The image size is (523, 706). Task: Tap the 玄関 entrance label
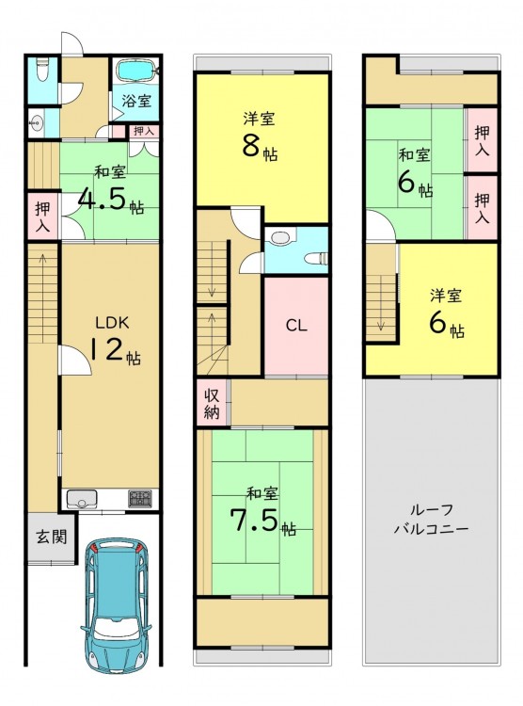point(52,537)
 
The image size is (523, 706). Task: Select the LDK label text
point(113,322)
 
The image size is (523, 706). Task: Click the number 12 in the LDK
point(107,349)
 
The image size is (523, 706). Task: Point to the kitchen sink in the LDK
point(82,499)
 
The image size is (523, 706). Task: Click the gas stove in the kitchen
point(140,498)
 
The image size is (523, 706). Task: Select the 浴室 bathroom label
point(136,101)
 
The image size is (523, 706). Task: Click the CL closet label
point(296,326)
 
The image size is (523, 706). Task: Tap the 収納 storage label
point(212,404)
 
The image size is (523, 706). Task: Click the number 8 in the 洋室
point(251,145)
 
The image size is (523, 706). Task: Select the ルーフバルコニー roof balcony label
point(431,519)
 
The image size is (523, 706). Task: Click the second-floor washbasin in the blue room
point(281,237)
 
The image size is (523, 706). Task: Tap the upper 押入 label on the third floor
point(482,140)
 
